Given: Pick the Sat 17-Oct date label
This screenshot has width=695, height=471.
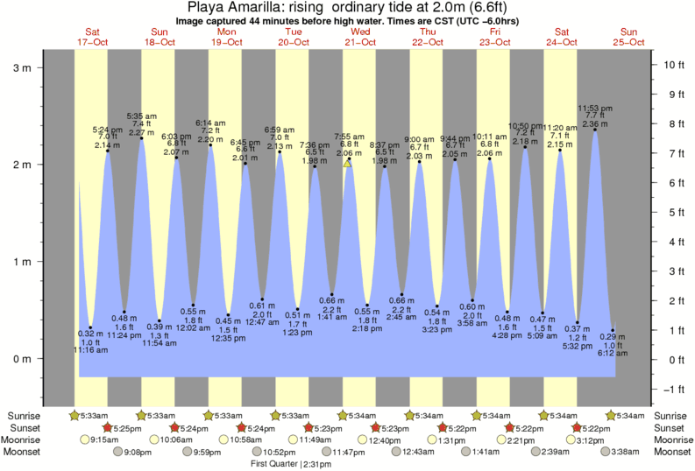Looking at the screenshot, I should point(92,36).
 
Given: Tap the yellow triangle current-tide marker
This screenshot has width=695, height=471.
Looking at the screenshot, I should point(348,163).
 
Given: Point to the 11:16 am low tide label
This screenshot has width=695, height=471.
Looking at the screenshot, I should point(89,350).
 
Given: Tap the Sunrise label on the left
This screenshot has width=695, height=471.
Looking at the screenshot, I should point(25,414).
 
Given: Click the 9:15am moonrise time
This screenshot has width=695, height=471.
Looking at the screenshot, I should point(104,439).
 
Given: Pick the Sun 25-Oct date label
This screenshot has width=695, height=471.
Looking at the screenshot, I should point(629,36).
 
